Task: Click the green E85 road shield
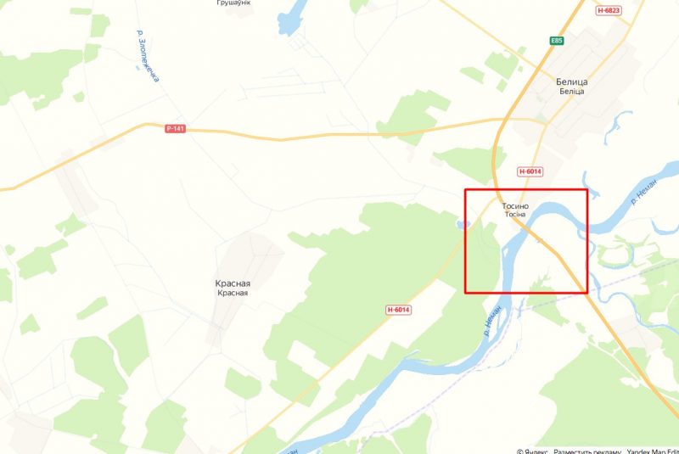(557, 40)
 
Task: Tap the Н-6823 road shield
(609, 10)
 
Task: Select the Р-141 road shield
(176, 129)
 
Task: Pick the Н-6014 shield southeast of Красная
(398, 310)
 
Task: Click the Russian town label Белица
(572, 81)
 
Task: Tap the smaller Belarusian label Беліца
(572, 92)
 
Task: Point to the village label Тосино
(514, 206)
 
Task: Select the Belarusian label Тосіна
(514, 216)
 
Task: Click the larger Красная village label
(232, 283)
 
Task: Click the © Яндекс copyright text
(532, 450)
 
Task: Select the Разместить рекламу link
(586, 450)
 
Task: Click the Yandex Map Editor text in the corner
(652, 450)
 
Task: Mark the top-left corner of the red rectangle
(465, 188)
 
